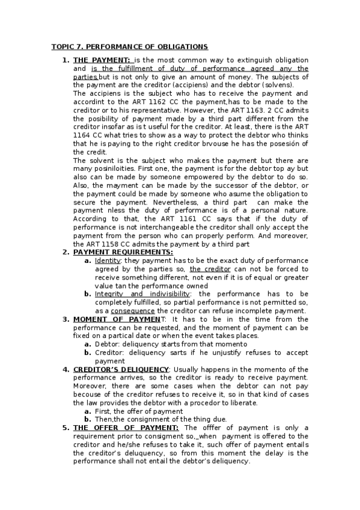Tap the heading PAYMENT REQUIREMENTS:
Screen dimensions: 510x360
(123, 252)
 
